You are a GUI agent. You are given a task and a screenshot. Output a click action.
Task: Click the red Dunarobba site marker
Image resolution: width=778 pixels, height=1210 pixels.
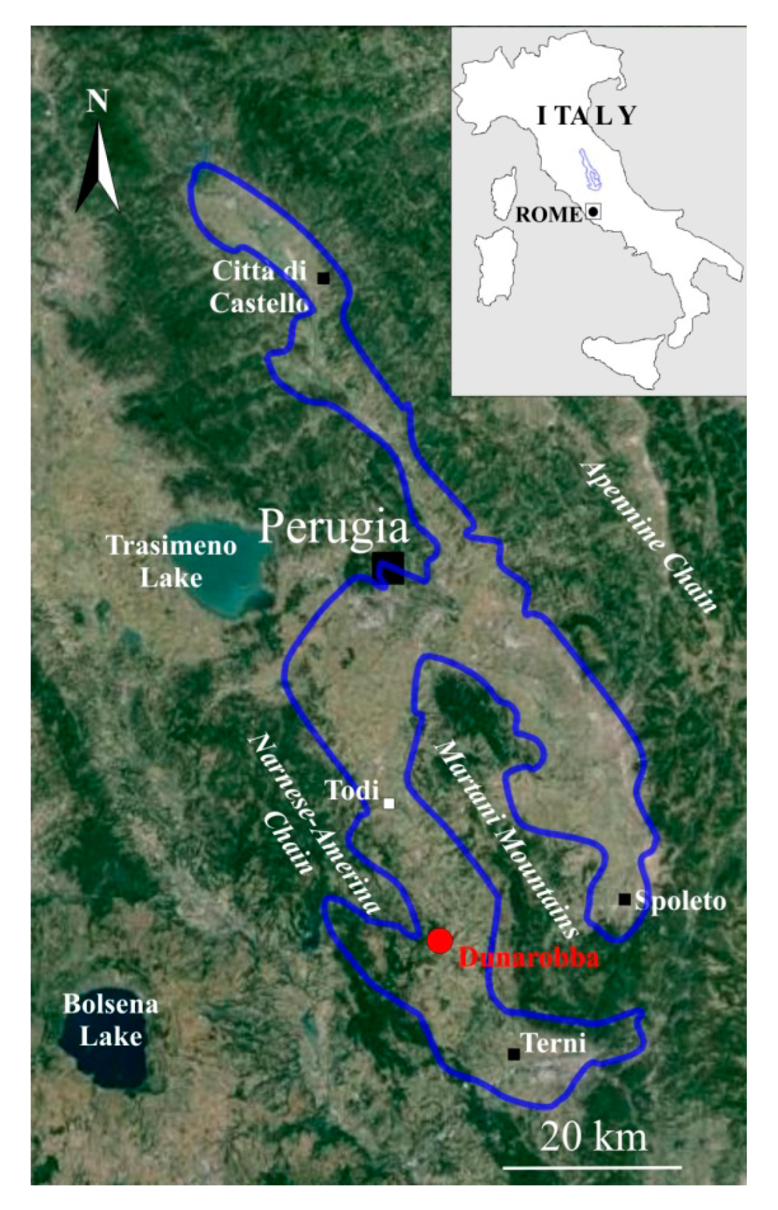tap(440, 941)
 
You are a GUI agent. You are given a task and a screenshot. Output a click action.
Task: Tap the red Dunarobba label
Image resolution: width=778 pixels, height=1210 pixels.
tap(529, 958)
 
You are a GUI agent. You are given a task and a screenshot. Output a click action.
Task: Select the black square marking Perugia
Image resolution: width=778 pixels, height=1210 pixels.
tap(388, 568)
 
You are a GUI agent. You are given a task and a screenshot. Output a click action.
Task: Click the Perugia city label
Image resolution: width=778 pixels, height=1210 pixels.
tap(334, 529)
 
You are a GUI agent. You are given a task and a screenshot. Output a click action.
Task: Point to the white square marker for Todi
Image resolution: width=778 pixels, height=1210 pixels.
tap(389, 803)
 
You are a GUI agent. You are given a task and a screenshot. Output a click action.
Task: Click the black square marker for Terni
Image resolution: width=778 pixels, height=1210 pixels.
tap(513, 1054)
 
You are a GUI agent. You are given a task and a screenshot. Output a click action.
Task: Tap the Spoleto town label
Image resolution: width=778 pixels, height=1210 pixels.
tap(680, 901)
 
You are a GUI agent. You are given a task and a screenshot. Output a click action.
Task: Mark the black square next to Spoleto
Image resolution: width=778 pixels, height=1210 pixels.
tap(624, 900)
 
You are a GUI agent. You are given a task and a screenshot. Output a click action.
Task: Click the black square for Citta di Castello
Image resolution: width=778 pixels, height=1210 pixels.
tap(323, 278)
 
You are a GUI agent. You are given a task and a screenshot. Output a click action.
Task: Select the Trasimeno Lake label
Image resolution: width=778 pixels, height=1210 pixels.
tap(172, 562)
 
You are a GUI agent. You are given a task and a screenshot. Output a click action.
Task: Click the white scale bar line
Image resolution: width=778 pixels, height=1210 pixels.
tap(592, 1167)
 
